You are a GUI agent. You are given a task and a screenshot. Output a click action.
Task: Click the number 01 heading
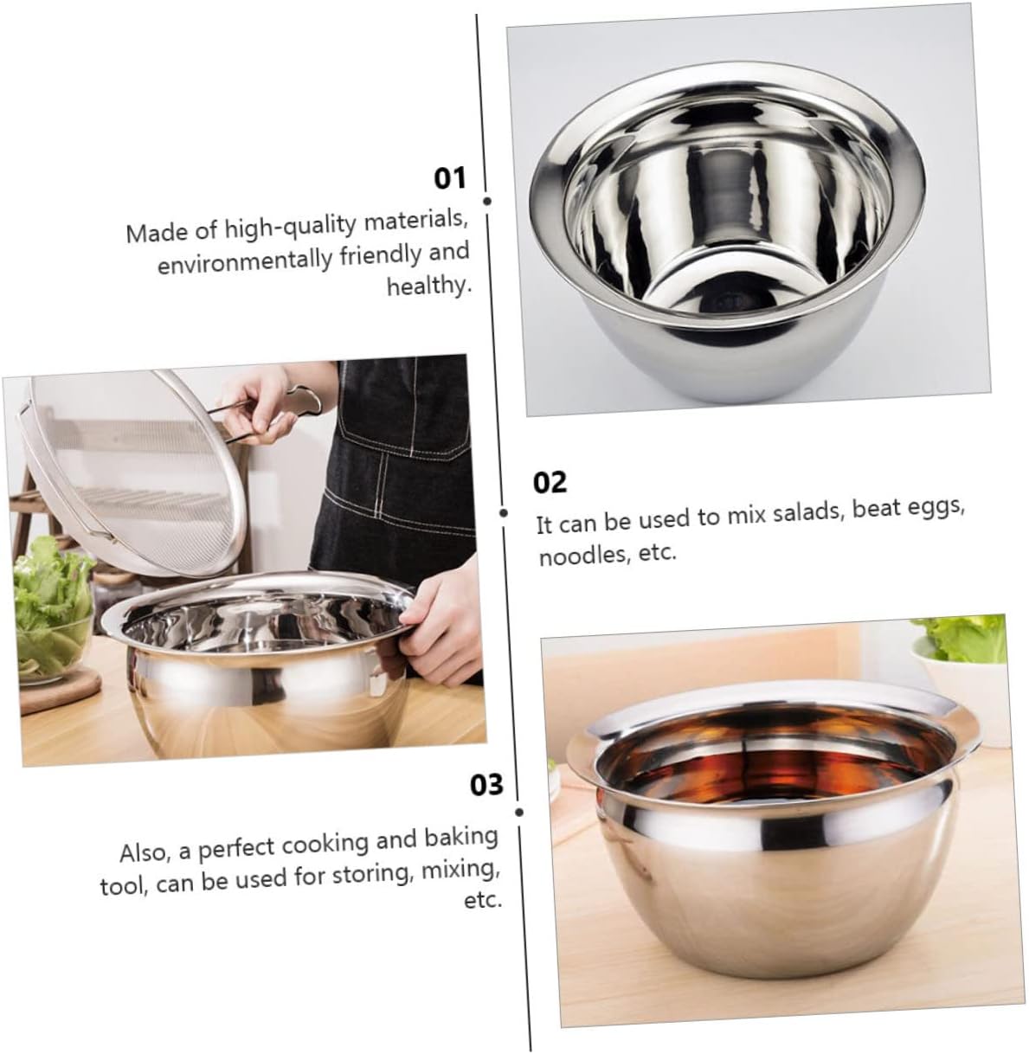(449, 179)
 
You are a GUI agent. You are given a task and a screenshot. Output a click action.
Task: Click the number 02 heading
(550, 482)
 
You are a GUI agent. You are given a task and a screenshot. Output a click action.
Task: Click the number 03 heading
(486, 785)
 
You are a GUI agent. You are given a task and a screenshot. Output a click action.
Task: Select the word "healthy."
(428, 286)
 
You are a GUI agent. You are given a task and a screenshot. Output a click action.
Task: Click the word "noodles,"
(579, 556)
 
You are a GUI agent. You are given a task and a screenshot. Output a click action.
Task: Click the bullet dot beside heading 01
(487, 200)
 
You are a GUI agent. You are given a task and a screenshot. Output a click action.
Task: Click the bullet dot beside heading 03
(519, 812)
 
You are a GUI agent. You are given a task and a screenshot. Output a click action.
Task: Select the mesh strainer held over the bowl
(121, 485)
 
